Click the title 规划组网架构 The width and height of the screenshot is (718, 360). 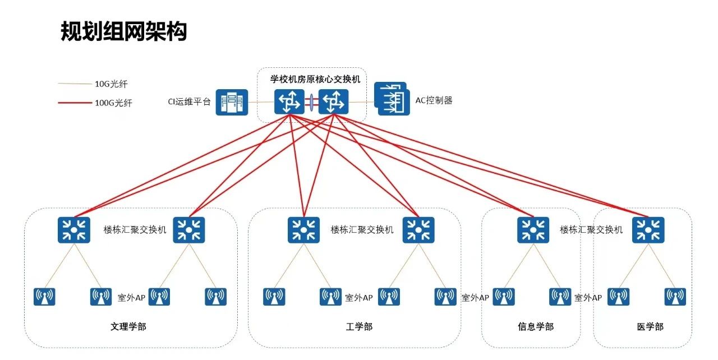124,31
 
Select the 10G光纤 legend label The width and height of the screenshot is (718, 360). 111,84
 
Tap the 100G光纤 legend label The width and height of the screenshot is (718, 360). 113,103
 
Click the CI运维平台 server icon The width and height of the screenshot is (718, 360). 232,102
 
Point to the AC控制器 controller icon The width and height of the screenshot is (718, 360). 392,99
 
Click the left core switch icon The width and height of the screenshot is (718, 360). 289,102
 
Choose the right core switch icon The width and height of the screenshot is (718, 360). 333,102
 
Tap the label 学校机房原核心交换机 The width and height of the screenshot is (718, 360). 315,79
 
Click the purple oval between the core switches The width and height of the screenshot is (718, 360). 311,102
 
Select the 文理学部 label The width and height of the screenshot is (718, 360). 128,327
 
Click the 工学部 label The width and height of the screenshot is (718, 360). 359,327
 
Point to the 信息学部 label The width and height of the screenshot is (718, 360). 536,327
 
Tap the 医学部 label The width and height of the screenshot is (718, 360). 650,327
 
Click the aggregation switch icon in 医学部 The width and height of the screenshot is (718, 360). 648,230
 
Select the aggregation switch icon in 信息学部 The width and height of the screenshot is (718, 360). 533,230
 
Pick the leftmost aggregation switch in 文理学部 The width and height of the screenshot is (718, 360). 73,230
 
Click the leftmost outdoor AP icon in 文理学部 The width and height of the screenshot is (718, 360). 44,297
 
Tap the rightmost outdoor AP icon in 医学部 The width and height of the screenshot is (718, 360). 675,297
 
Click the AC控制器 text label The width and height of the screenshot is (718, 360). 434,100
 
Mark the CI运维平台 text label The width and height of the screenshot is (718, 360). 189,102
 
